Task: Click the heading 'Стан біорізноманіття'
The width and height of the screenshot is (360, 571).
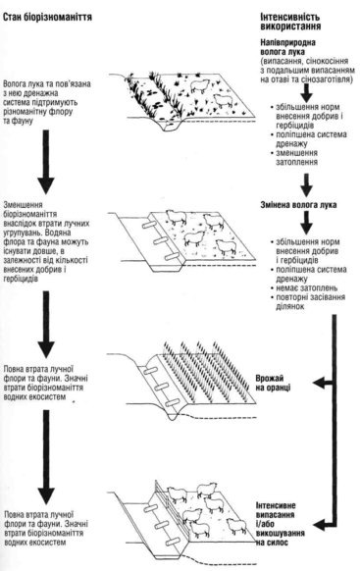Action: pos(47,17)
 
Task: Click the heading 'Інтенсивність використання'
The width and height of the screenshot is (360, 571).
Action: pos(290,22)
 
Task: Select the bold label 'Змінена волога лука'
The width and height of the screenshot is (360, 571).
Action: pos(298,205)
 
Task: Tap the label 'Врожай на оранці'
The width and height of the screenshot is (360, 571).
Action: pos(273,383)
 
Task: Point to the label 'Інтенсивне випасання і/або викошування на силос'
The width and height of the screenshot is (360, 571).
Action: pos(281,524)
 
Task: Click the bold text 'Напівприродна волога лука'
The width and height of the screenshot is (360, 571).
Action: pos(288,47)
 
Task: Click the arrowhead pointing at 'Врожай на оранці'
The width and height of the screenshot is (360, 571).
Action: pos(318,383)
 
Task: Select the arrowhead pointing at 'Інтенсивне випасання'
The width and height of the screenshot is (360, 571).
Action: pos(319,525)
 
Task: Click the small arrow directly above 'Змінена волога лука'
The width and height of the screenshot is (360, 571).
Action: pos(306,185)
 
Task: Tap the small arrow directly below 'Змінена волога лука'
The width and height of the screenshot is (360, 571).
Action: pos(306,222)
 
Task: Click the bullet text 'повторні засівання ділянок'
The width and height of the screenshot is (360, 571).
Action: pos(308,301)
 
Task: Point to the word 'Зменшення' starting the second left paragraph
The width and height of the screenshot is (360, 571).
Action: pos(23,205)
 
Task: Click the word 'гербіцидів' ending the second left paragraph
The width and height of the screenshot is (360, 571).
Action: pos(22,279)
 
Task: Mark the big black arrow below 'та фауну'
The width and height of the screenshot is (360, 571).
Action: pos(46,162)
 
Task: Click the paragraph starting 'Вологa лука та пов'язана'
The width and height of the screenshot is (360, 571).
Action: pos(46,102)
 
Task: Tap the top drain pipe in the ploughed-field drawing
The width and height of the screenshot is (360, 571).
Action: pos(150,372)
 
